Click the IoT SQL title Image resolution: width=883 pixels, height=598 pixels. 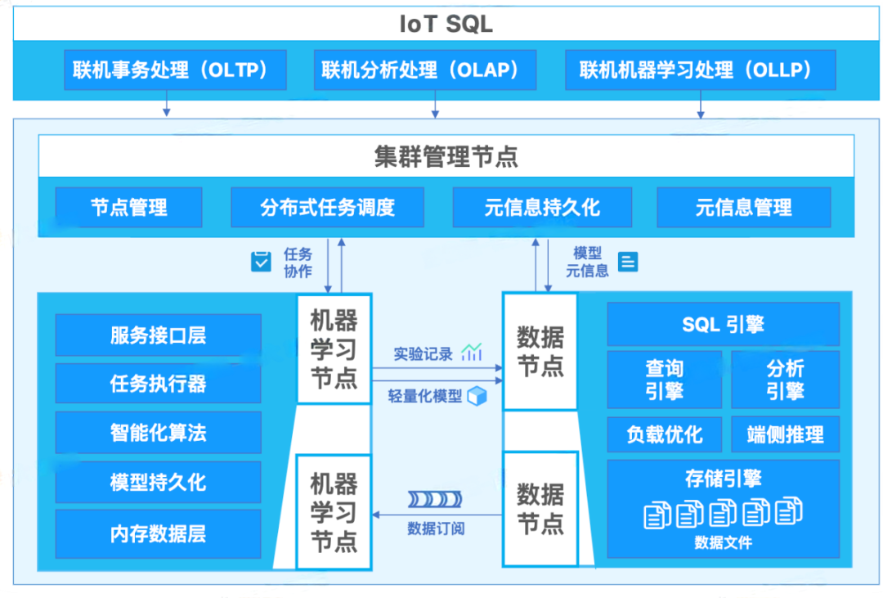point(446,24)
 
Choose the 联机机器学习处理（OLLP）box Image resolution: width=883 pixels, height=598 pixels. point(701,70)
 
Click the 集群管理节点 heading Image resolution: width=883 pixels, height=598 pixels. point(446,156)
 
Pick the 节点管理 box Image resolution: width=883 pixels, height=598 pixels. point(129,207)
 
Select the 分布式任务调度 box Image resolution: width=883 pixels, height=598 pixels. point(327,207)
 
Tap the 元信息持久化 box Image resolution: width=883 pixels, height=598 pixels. point(542,207)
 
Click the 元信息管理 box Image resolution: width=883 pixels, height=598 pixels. point(743,207)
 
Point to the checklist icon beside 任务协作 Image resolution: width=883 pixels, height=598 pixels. point(261,262)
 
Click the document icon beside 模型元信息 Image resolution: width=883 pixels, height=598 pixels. point(628,262)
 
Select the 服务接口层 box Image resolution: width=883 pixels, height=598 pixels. point(158,335)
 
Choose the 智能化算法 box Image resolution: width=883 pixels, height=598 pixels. point(158,433)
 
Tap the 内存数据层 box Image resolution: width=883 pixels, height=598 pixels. point(158,533)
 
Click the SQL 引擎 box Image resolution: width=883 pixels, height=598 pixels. point(723,324)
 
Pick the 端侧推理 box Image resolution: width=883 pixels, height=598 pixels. point(785,434)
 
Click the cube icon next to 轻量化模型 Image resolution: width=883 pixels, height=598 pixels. point(477,396)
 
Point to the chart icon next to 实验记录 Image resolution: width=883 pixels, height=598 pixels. point(472,353)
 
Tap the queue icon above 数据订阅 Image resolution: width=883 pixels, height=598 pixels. point(435,500)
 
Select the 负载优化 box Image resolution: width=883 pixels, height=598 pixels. point(664,434)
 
